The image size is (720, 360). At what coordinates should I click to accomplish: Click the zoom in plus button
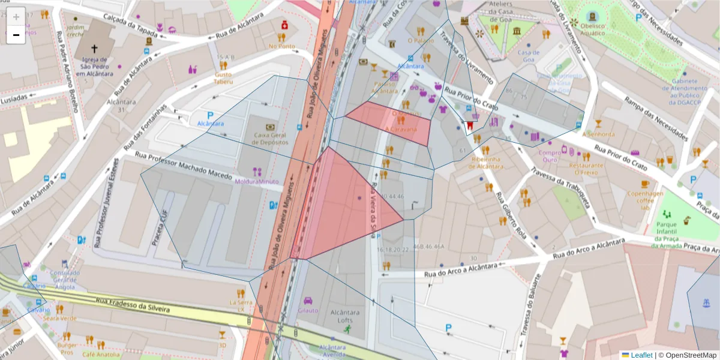point(16,17)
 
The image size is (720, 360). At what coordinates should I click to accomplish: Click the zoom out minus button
point(16,35)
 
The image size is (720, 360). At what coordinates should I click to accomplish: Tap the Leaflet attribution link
point(641,355)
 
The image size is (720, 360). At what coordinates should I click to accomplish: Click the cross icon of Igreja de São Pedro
point(94,48)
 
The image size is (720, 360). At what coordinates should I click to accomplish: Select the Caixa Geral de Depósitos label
point(271,139)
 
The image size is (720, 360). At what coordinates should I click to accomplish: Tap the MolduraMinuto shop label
point(257,181)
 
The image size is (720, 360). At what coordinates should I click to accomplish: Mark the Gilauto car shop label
point(308,310)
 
